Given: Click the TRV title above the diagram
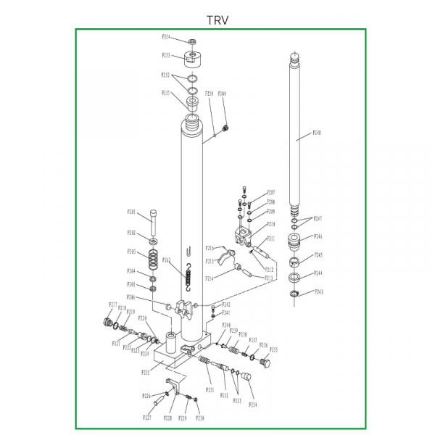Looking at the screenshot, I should (217, 20).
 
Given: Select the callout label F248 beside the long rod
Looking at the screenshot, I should (317, 133).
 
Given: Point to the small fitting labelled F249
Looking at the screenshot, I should (225, 128).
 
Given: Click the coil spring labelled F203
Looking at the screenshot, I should (154, 257).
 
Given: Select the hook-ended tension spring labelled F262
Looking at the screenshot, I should (188, 275).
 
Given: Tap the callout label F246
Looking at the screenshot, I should (318, 236).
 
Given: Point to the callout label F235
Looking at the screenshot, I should (274, 349).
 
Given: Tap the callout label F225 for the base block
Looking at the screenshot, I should (146, 373).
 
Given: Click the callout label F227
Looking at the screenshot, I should (146, 418).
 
